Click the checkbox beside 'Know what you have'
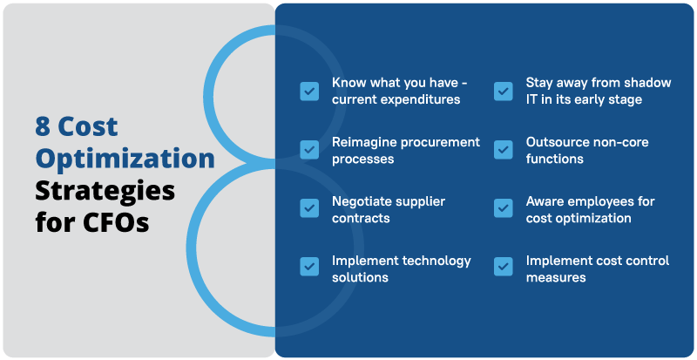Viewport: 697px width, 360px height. (309, 92)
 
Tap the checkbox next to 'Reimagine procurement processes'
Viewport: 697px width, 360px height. (309, 150)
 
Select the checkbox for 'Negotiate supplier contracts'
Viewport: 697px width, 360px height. (309, 208)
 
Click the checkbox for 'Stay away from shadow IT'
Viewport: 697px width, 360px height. (504, 92)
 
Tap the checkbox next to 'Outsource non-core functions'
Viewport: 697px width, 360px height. (504, 150)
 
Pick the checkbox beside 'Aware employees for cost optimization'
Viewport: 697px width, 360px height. (504, 208)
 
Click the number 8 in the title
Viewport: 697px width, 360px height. (44, 127)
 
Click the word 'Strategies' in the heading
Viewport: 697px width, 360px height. (105, 190)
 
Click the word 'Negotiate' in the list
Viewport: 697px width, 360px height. (361, 201)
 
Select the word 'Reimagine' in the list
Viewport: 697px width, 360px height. (362, 142)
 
